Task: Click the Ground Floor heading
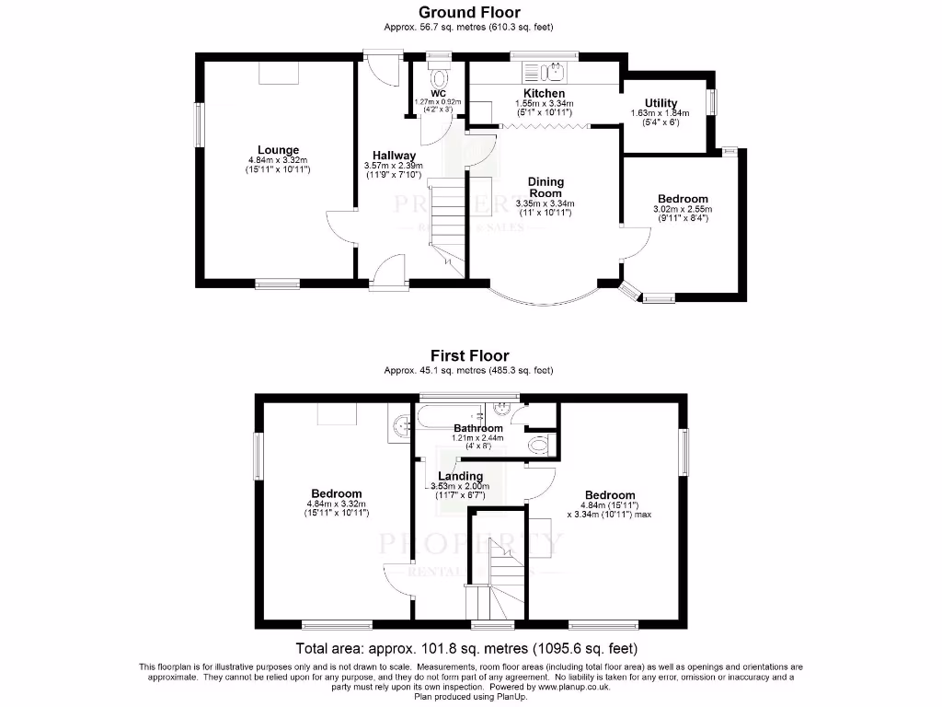[469, 12]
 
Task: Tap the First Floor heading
[469, 355]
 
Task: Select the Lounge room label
[278, 150]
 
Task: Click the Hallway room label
[394, 155]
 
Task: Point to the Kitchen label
[544, 94]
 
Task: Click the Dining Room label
[546, 188]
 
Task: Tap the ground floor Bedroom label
[683, 199]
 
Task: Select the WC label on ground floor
[438, 94]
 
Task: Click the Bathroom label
[478, 429]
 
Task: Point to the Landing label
[461, 476]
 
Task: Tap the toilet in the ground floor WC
[439, 75]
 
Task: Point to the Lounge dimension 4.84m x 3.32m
[278, 160]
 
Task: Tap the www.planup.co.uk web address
[576, 687]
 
